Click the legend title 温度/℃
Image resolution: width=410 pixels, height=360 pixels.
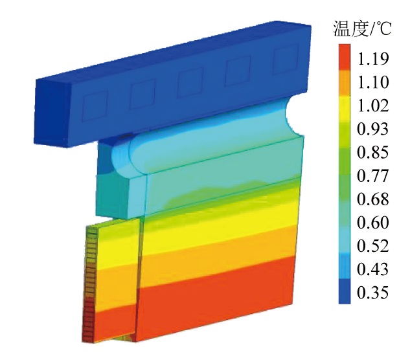[x=362, y=28]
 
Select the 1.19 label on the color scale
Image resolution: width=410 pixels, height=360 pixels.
[x=372, y=59]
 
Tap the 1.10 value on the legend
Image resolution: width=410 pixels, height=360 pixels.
[x=372, y=82]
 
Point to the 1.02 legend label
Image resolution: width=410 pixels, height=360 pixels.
[x=372, y=106]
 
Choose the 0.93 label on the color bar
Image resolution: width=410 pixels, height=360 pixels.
[x=372, y=129]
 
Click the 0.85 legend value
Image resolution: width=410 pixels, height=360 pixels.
[x=372, y=152]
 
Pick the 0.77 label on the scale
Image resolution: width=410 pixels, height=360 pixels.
[x=372, y=175]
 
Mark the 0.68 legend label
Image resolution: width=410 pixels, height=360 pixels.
[x=372, y=199]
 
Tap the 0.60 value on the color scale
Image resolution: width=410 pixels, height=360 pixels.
[x=372, y=222]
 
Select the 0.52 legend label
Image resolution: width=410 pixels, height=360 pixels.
[x=372, y=246]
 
